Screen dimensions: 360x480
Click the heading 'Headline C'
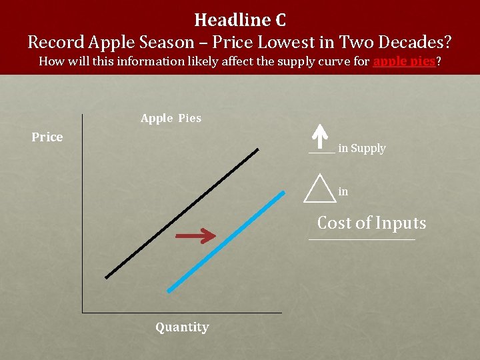[240, 19]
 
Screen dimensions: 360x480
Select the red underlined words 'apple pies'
[404, 62]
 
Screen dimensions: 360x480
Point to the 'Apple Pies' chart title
[171, 118]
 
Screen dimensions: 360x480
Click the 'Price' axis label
[47, 137]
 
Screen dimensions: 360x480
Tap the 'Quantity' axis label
[182, 327]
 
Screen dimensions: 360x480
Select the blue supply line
[226, 242]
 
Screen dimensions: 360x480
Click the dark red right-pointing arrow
[195, 235]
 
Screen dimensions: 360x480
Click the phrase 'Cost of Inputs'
[371, 223]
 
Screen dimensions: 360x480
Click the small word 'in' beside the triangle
[343, 192]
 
